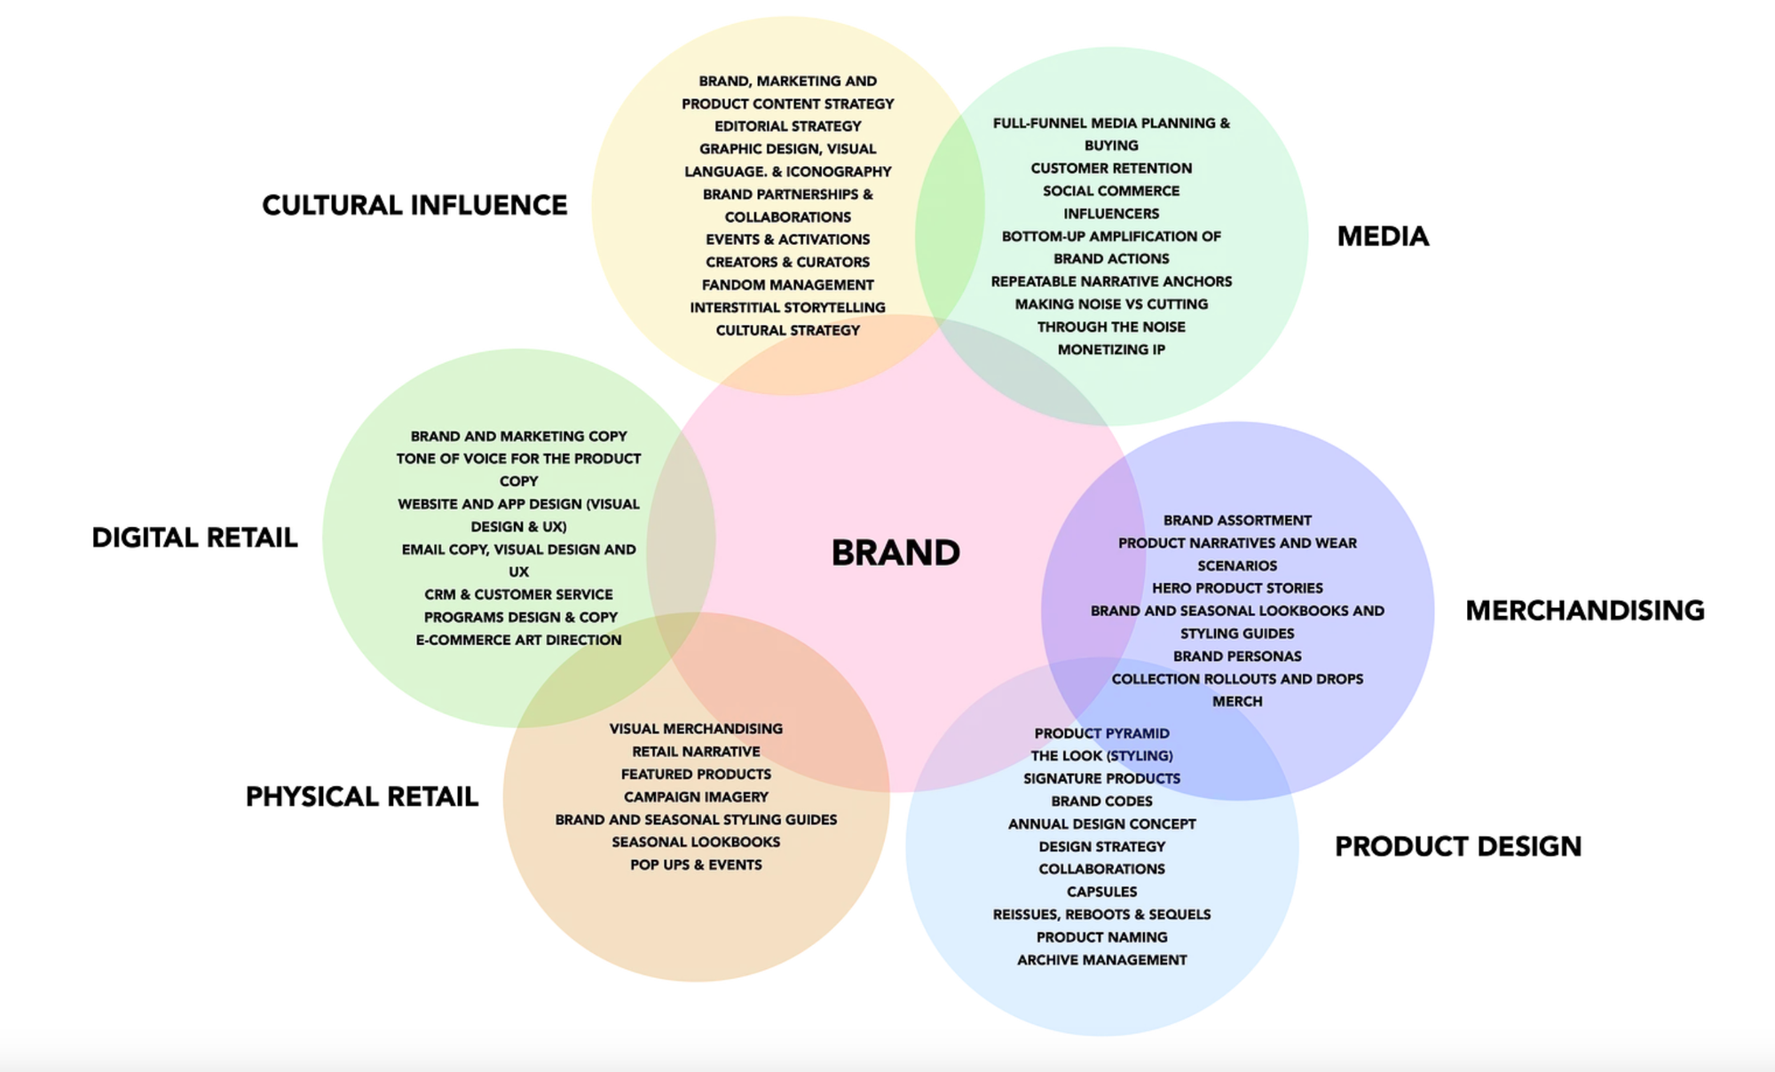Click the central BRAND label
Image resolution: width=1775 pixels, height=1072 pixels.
tap(895, 553)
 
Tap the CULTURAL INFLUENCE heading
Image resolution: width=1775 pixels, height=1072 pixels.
tap(414, 205)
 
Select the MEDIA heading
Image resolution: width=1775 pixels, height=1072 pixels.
tap(1383, 236)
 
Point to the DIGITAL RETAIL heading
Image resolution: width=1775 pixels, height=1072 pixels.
tap(194, 538)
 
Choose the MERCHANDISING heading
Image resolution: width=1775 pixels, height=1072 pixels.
tap(1584, 611)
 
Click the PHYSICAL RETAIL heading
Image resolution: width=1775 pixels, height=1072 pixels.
tap(361, 797)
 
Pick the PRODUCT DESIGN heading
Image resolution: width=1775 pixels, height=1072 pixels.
tap(1457, 847)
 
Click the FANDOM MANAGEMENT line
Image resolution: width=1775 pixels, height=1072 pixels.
tap(787, 285)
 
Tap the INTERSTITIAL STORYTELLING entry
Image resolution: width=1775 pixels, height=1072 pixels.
tap(787, 307)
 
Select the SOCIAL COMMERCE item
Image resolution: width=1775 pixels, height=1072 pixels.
tap(1111, 191)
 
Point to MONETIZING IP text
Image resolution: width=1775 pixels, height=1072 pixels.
tap(1111, 350)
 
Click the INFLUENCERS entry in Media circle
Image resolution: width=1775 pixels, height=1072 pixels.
tap(1111, 214)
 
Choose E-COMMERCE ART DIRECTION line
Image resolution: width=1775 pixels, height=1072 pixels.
tap(518, 640)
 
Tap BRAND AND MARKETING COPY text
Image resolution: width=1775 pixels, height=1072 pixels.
tap(518, 437)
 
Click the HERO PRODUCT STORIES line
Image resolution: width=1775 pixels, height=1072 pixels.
tap(1237, 588)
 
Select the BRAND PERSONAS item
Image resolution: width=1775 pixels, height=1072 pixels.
tap(1237, 657)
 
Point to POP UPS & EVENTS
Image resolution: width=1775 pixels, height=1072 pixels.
tap(696, 864)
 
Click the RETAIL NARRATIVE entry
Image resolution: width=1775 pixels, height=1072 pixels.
tap(696, 752)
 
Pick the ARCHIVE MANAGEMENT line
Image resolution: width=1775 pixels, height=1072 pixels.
tap(1101, 960)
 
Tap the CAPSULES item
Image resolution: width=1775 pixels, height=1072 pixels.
tap(1101, 892)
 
